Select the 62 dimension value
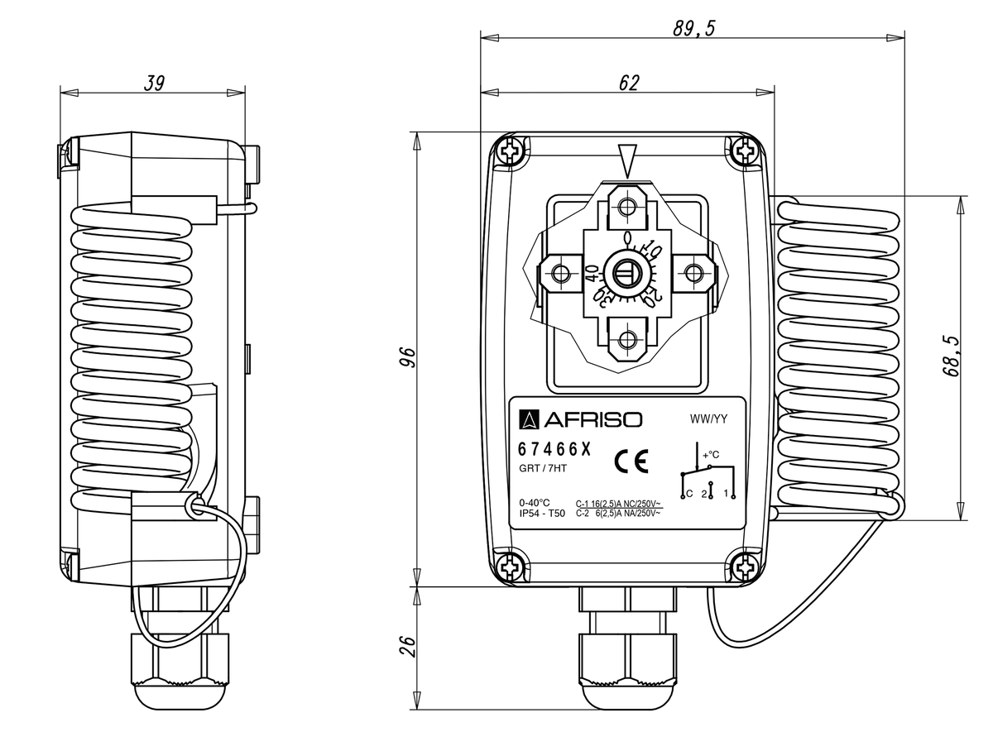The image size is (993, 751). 629,81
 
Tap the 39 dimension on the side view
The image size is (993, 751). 154,82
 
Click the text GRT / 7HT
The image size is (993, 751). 542,470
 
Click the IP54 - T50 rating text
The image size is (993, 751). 541,514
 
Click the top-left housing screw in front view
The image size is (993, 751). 510,151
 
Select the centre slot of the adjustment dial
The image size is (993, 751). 627,271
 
